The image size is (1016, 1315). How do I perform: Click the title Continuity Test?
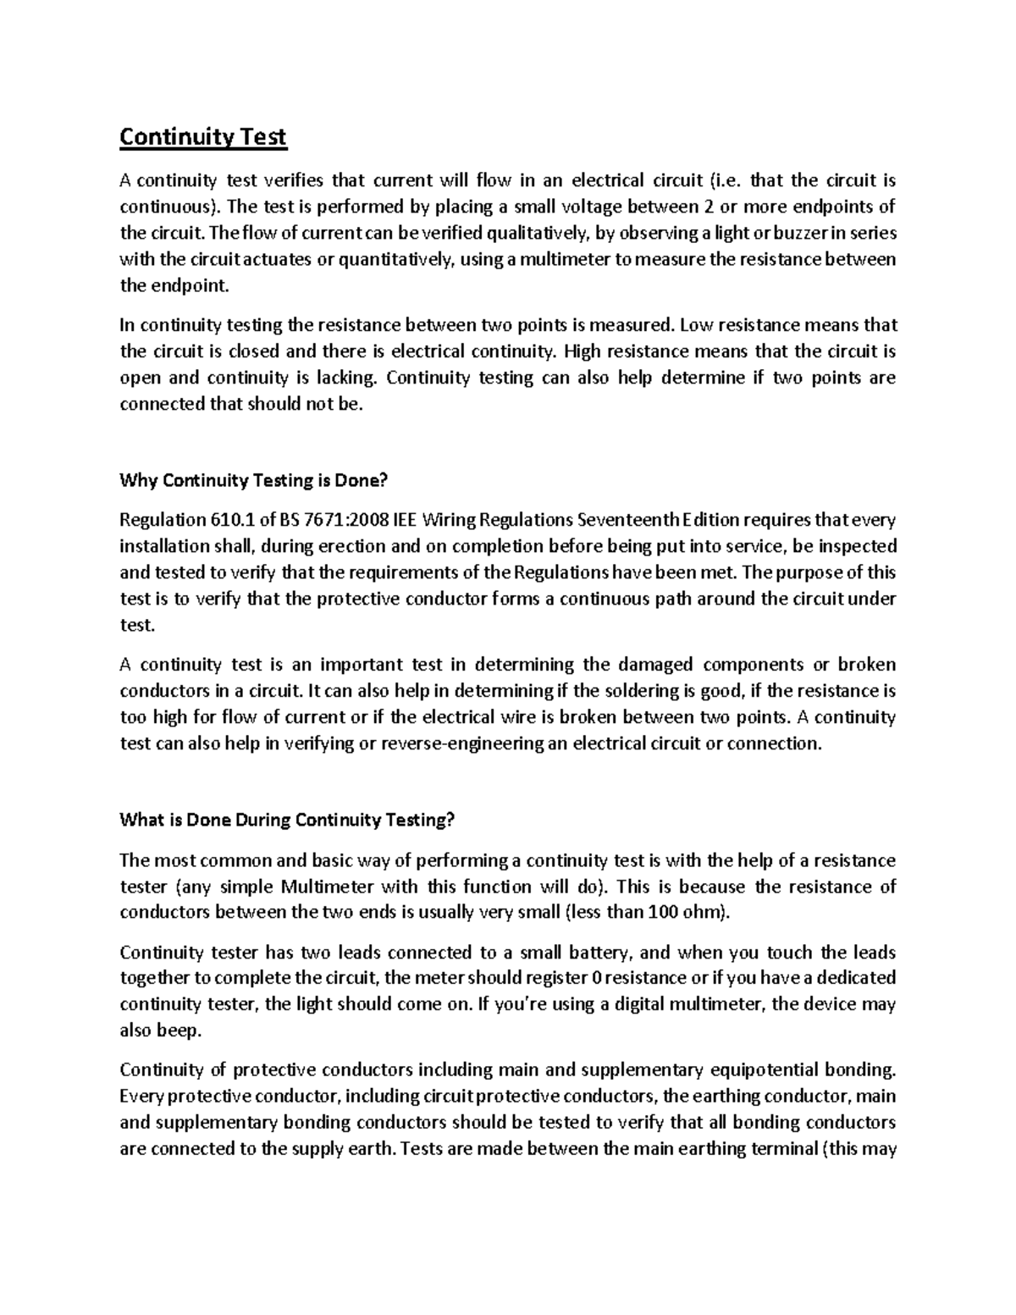[203, 137]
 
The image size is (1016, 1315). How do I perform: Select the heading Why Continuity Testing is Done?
[253, 481]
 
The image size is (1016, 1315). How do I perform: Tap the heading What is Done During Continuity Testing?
[288, 820]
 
